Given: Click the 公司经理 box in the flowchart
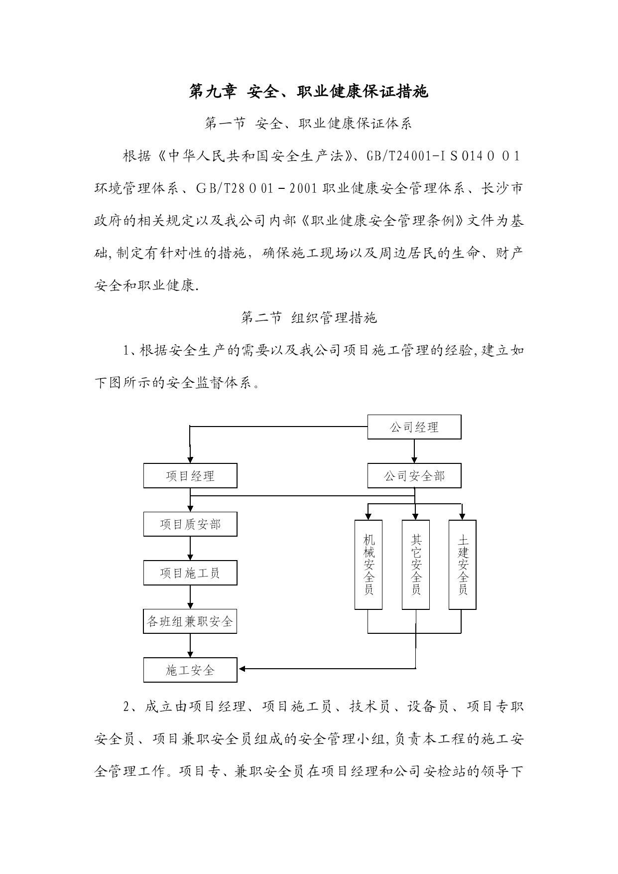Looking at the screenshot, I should click(414, 427).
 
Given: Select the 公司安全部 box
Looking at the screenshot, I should click(414, 476).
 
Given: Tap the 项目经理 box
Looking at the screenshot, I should click(190, 476).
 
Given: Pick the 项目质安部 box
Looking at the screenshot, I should click(190, 524).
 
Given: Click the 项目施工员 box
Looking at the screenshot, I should click(190, 573).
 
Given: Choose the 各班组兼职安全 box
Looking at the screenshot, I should click(190, 621).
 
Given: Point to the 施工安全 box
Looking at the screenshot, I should click(190, 670).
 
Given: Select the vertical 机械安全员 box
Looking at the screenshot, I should click(369, 565).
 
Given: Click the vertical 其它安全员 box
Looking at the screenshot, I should click(416, 565).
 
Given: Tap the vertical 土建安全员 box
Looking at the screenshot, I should click(463, 565).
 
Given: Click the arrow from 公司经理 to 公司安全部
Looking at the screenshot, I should click(414, 452).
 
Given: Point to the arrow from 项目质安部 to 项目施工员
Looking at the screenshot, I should click(190, 549).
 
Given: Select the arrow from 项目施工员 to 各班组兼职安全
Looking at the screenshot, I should click(190, 597).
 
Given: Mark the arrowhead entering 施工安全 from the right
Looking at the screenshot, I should click(243, 668).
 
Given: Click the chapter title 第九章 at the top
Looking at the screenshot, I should click(213, 92).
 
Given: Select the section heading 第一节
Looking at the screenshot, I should click(225, 124).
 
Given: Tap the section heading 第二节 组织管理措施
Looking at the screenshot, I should click(309, 318).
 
